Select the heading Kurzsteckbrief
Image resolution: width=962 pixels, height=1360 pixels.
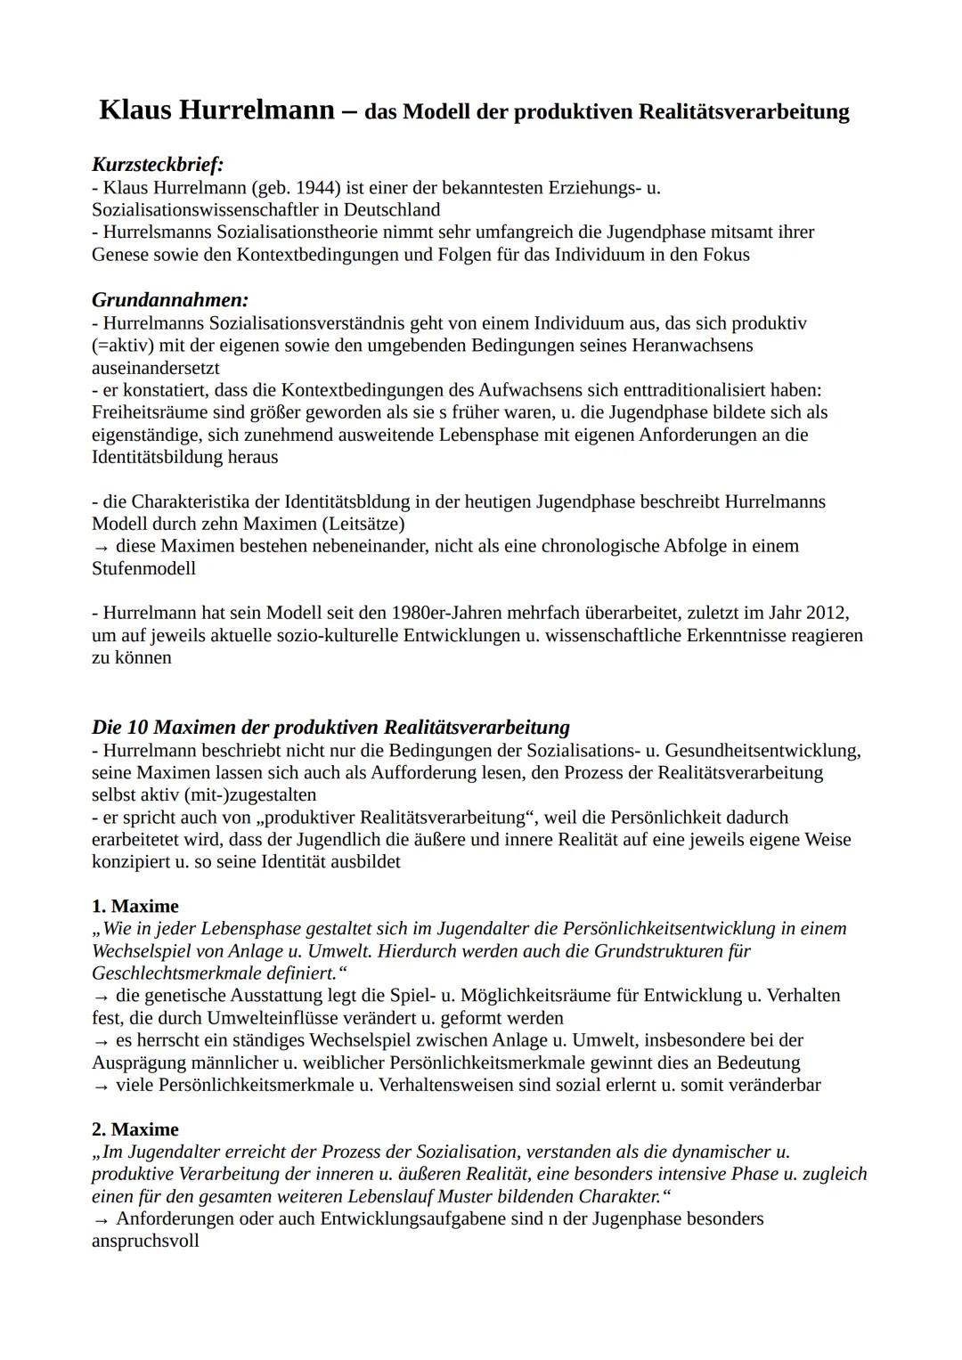tap(157, 165)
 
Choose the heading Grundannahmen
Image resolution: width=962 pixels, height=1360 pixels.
tap(169, 300)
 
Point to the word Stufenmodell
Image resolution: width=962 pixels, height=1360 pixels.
tap(143, 568)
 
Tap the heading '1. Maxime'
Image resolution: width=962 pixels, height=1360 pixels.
tap(135, 906)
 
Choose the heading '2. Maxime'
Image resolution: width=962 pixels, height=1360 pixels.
tap(135, 1129)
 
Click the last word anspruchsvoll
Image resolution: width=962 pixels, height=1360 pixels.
tap(145, 1241)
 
